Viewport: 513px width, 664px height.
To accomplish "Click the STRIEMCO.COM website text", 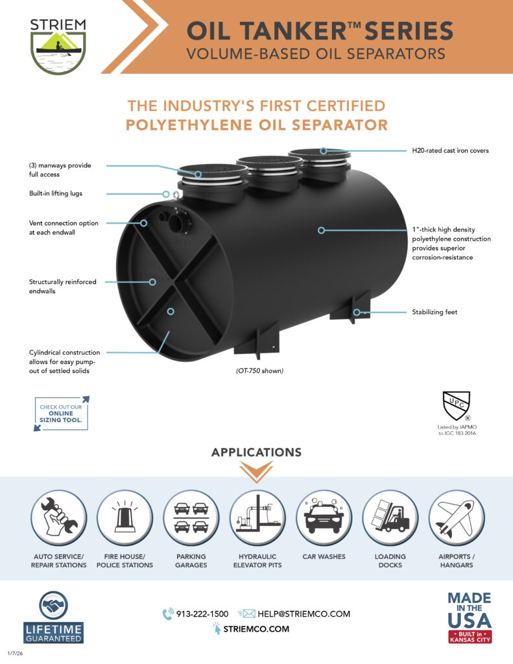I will click(256, 628).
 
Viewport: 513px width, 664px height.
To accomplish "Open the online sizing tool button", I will click(61, 414).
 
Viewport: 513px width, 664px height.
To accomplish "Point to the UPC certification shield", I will click(456, 407).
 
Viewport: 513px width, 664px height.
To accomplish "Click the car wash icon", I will click(324, 517).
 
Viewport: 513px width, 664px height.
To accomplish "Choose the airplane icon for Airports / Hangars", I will click(457, 517).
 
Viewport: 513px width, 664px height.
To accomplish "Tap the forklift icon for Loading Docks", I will click(390, 517).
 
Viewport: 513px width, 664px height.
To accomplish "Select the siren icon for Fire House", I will click(125, 517).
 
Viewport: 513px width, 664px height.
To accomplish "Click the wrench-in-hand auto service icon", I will click(58, 517).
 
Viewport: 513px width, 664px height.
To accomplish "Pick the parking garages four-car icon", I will click(191, 517).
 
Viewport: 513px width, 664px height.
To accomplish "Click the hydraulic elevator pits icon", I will click(257, 517).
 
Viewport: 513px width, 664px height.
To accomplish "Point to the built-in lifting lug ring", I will click(167, 194).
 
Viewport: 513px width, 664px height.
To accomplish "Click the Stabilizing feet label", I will click(435, 312).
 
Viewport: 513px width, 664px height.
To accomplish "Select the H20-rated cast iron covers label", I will click(450, 150).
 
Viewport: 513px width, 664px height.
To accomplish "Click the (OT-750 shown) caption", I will click(259, 371).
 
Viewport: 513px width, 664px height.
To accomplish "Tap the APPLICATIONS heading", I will click(256, 452).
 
